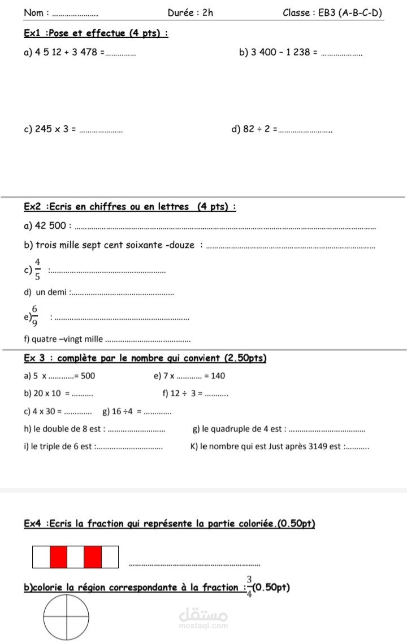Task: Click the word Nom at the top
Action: pyautogui.click(x=34, y=13)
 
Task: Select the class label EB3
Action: pyautogui.click(x=327, y=13)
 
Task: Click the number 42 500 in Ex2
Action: pyautogui.click(x=50, y=226)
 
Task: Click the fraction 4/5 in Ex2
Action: pyautogui.click(x=37, y=269)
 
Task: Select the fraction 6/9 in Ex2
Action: pyautogui.click(x=35, y=316)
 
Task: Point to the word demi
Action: pyautogui.click(x=57, y=292)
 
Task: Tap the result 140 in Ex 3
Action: pyautogui.click(x=218, y=376)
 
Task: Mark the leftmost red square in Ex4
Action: pyautogui.click(x=59, y=557)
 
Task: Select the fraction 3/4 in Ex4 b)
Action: pyautogui.click(x=249, y=588)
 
